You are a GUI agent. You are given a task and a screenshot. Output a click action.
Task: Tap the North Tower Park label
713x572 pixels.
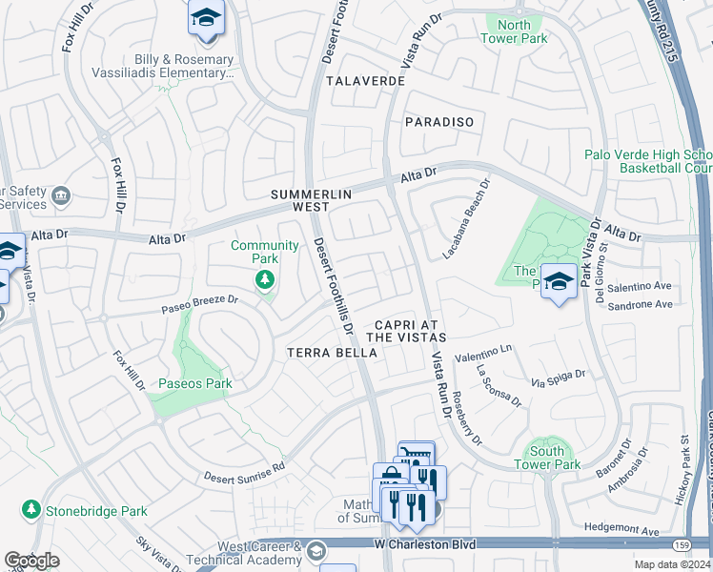tap(515, 31)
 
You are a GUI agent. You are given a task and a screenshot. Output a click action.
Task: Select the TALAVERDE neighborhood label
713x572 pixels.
tap(365, 82)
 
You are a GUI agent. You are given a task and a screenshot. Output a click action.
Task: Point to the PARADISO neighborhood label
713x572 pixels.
tap(439, 122)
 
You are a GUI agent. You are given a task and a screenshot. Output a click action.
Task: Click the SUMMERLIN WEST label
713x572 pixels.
tap(312, 200)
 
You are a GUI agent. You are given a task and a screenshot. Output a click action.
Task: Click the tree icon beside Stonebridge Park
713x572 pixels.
tap(31, 511)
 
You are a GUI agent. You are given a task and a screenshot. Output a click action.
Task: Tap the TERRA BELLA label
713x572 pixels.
tap(333, 353)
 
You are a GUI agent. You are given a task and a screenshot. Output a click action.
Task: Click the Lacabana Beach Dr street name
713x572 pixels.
tap(466, 220)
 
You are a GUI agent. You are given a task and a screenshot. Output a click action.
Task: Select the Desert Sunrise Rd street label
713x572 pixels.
tap(244, 471)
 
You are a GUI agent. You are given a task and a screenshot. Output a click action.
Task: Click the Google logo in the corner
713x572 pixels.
tap(32, 561)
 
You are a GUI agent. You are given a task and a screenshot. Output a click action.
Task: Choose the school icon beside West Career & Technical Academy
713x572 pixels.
tap(316, 551)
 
